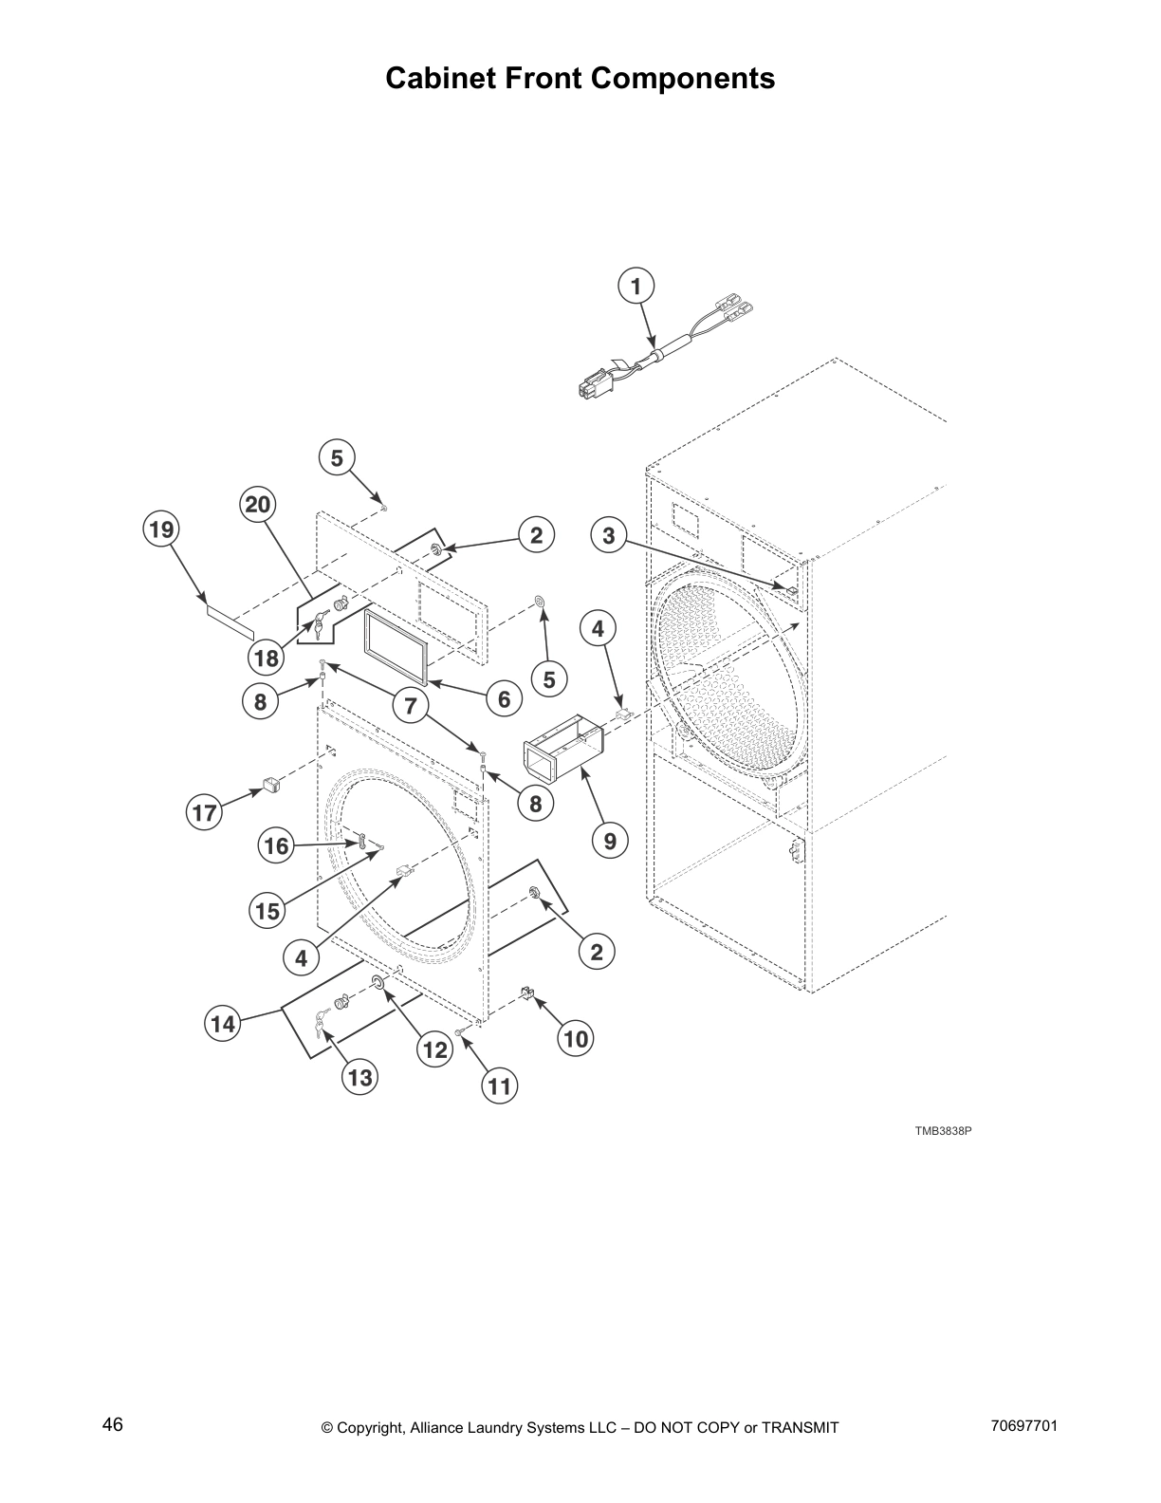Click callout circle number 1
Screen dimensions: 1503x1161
pyautogui.click(x=636, y=286)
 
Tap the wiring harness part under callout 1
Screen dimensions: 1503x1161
pyautogui.click(x=654, y=359)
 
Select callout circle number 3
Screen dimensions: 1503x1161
pyautogui.click(x=609, y=535)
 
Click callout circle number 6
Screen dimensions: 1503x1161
pyautogui.click(x=505, y=699)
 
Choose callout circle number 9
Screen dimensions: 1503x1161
pyautogui.click(x=610, y=840)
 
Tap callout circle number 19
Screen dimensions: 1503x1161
pyautogui.click(x=162, y=529)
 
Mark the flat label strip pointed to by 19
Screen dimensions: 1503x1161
pyautogui.click(x=231, y=622)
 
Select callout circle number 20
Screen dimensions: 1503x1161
pyautogui.click(x=258, y=505)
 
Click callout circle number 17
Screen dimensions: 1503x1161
pyautogui.click(x=205, y=812)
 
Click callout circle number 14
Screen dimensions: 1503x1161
pyautogui.click(x=223, y=1024)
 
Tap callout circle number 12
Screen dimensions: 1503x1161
pyautogui.click(x=434, y=1049)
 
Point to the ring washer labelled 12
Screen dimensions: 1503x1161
pyautogui.click(x=377, y=980)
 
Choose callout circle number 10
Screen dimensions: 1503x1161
pyautogui.click(x=576, y=1039)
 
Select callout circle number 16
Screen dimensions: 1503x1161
pyautogui.click(x=276, y=844)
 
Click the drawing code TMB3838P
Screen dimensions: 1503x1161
pyautogui.click(x=944, y=1131)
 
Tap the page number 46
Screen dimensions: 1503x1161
pyautogui.click(x=113, y=1424)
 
